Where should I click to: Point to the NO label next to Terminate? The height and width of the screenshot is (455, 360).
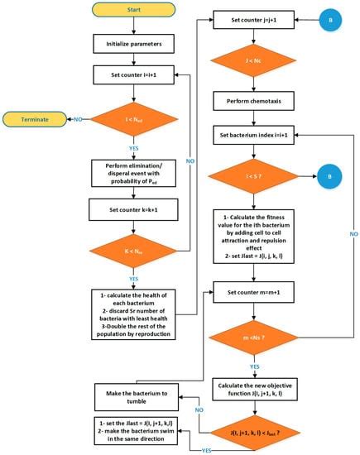point(77,120)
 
